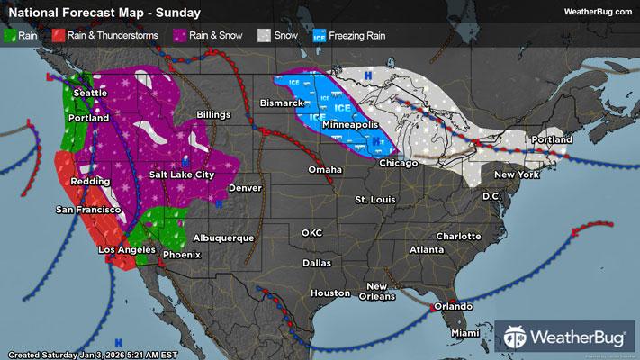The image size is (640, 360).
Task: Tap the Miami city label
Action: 464,333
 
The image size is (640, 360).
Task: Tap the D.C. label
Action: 491,195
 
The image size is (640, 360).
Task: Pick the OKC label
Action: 311,233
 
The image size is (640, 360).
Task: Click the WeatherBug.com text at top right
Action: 596,11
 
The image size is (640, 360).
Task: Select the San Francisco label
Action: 88,210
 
